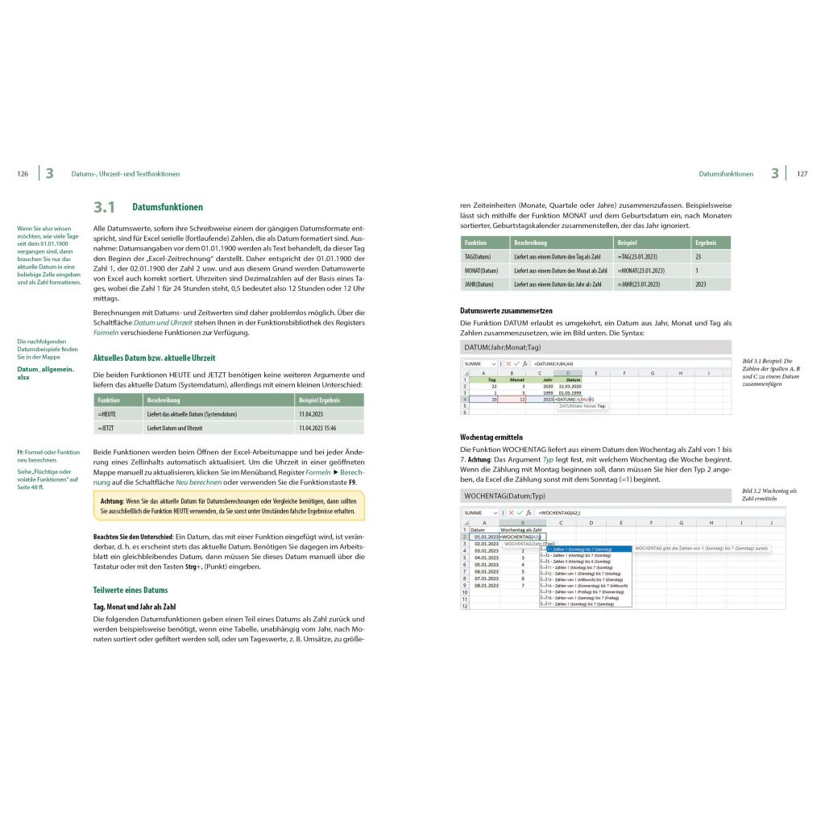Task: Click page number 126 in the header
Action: tap(23, 174)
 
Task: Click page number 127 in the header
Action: tap(802, 174)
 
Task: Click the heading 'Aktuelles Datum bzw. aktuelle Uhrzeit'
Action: tap(154, 358)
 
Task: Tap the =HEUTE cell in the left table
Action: tap(107, 414)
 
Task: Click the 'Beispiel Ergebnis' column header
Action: tap(319, 400)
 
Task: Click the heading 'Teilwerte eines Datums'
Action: tap(131, 590)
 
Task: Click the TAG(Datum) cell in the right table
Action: tap(478, 255)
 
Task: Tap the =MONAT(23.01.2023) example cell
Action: tap(641, 270)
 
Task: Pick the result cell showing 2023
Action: tap(700, 284)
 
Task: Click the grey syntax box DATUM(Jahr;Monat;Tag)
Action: tap(595, 347)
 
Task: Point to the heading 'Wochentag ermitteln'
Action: tap(491, 437)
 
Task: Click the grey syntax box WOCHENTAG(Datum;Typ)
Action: tap(595, 495)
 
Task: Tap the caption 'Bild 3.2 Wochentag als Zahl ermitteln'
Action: tap(769, 495)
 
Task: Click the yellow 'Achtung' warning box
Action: tap(229, 506)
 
